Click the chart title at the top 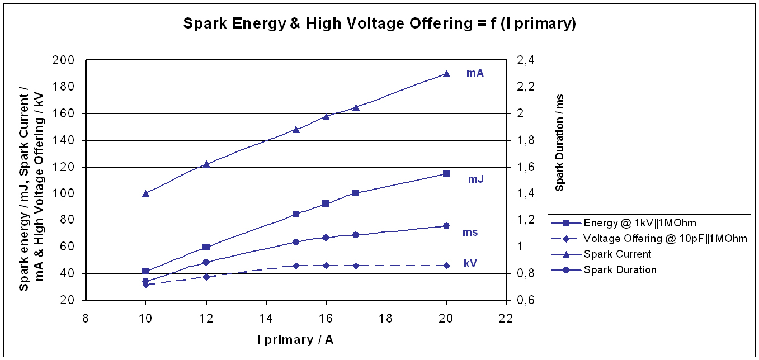pyautogui.click(x=380, y=24)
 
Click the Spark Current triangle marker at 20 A pyautogui.click(x=446, y=73)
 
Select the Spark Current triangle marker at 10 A pyautogui.click(x=145, y=193)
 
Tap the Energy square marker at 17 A pyautogui.click(x=356, y=193)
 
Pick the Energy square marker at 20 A pyautogui.click(x=446, y=173)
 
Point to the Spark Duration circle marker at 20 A pyautogui.click(x=446, y=226)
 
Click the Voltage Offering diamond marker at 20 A pyautogui.click(x=446, y=266)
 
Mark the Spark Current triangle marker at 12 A pyautogui.click(x=206, y=164)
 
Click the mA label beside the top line pyautogui.click(x=475, y=73)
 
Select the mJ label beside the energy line pyautogui.click(x=476, y=179)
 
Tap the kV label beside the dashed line pyautogui.click(x=470, y=263)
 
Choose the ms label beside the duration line pyautogui.click(x=470, y=232)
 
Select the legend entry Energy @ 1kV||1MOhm pyautogui.click(x=640, y=222)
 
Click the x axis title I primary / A pyautogui.click(x=296, y=339)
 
